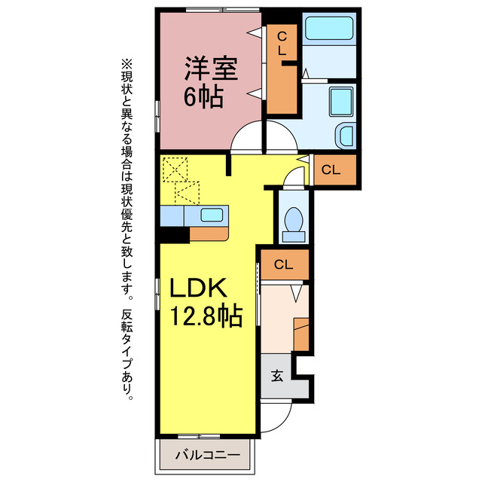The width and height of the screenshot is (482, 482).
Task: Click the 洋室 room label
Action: click(211, 69)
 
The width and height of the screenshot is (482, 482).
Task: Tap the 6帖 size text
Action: click(203, 96)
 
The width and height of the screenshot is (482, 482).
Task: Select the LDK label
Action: click(199, 287)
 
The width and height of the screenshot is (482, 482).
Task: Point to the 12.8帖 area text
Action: click(206, 316)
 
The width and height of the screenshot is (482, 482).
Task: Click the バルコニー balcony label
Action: click(208, 455)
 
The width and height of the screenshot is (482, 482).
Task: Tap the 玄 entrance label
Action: click(277, 375)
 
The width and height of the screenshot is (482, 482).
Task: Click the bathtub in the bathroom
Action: click(329, 29)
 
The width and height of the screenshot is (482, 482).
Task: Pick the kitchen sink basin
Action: click(212, 215)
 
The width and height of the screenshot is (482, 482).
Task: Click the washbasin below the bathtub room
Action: click(346, 136)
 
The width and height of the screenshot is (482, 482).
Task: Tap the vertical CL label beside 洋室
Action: click(282, 44)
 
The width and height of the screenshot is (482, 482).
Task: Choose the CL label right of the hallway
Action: click(331, 169)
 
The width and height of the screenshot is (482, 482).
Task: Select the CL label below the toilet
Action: click(283, 264)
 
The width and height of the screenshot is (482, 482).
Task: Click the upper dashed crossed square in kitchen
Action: click(175, 169)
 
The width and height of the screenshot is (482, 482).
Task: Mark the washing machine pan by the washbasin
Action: click(341, 102)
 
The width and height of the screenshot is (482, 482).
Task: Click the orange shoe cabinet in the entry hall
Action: click(301, 334)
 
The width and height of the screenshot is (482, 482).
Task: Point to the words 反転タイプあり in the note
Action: click(127, 354)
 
